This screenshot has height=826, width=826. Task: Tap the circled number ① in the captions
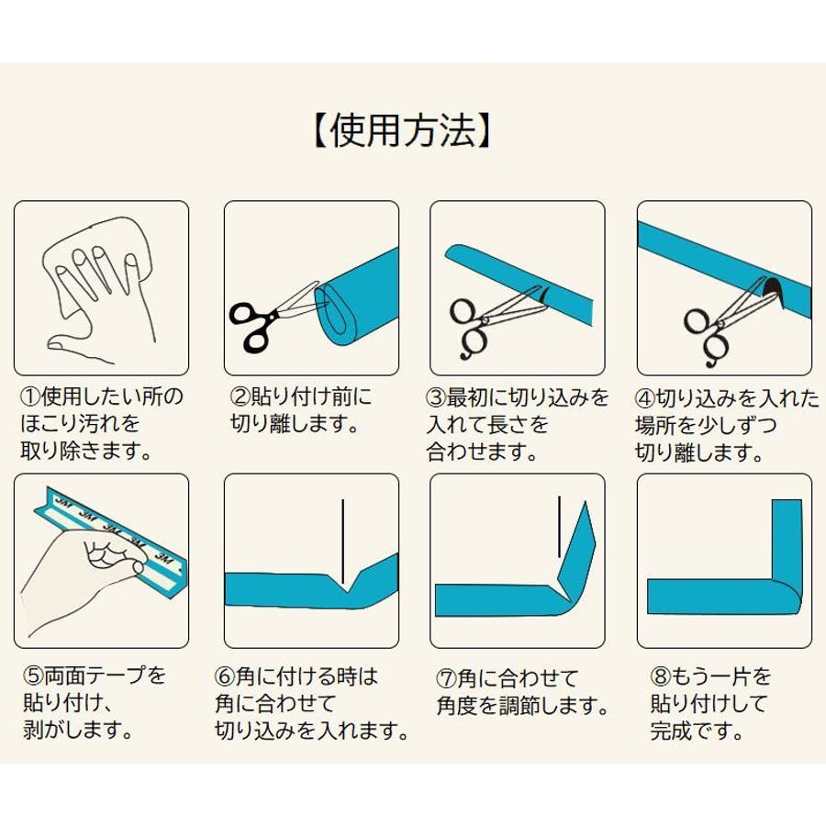[x=30, y=396]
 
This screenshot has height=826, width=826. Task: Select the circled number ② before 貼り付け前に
[x=240, y=396]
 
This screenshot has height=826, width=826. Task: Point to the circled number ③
[x=436, y=397]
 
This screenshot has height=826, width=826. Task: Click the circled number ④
[x=645, y=398]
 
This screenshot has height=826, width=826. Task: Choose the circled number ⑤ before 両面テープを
[x=33, y=675]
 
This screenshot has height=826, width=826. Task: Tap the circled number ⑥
[x=225, y=675]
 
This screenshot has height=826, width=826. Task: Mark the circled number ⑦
[x=447, y=678]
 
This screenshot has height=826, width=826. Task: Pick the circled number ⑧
[x=660, y=675]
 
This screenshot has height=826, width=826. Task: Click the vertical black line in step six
[x=343, y=541]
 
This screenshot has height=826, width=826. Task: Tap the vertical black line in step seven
[x=559, y=526]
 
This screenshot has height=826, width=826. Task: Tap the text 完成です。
[x=697, y=731]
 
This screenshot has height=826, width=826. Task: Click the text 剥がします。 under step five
[x=77, y=730]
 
